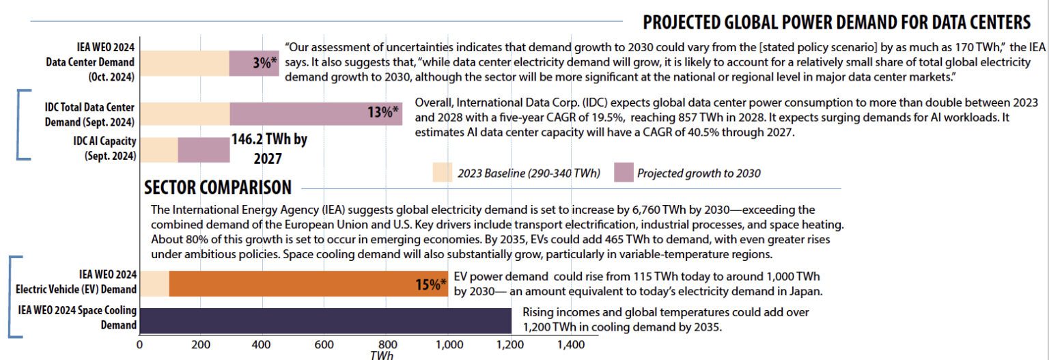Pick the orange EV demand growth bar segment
click(307, 283)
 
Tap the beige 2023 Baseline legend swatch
click(442, 173)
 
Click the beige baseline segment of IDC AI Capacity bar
click(158, 150)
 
